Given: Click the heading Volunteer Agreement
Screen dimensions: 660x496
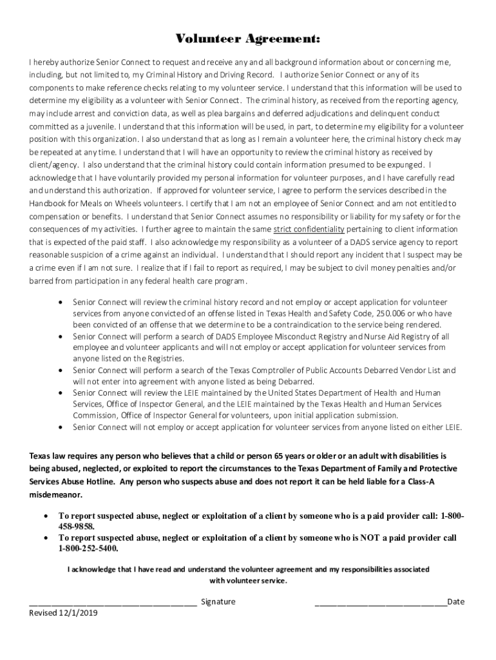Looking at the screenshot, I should point(248,40).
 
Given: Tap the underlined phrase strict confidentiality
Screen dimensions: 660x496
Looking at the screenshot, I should point(309,229).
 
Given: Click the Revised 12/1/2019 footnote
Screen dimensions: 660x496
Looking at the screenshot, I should point(64,613).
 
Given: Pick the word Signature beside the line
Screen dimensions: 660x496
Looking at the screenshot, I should point(218,602).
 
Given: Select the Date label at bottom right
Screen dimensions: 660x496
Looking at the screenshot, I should point(455,602).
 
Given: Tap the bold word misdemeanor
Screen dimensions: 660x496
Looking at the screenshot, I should point(56,495).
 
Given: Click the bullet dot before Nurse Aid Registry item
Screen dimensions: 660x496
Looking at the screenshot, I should point(61,336).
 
